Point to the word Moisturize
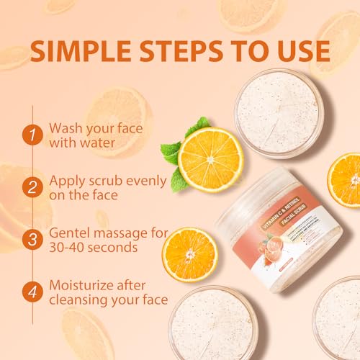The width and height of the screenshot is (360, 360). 87,285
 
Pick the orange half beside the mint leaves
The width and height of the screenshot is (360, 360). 210,158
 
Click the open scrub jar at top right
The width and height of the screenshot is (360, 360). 277,111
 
